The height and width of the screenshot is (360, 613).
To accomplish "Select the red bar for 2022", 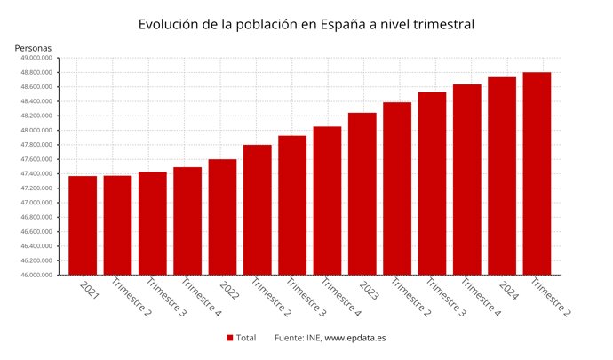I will point(222,217).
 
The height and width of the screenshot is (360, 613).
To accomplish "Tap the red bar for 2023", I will point(362,194).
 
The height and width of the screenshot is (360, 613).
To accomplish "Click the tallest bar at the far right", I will point(537,173).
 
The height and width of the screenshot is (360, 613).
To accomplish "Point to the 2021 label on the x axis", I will point(89,289).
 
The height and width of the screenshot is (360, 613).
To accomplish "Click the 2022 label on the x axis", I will point(228,289).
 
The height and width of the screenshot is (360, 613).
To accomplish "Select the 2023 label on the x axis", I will point(368,289).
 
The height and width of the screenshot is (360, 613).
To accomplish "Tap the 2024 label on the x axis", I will point(507,289).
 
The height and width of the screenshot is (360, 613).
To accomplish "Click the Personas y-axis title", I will point(33,47).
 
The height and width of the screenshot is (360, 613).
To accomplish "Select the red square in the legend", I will point(229,338).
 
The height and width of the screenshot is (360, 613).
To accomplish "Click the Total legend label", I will point(246,338).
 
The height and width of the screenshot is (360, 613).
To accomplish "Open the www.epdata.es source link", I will point(355,338).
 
